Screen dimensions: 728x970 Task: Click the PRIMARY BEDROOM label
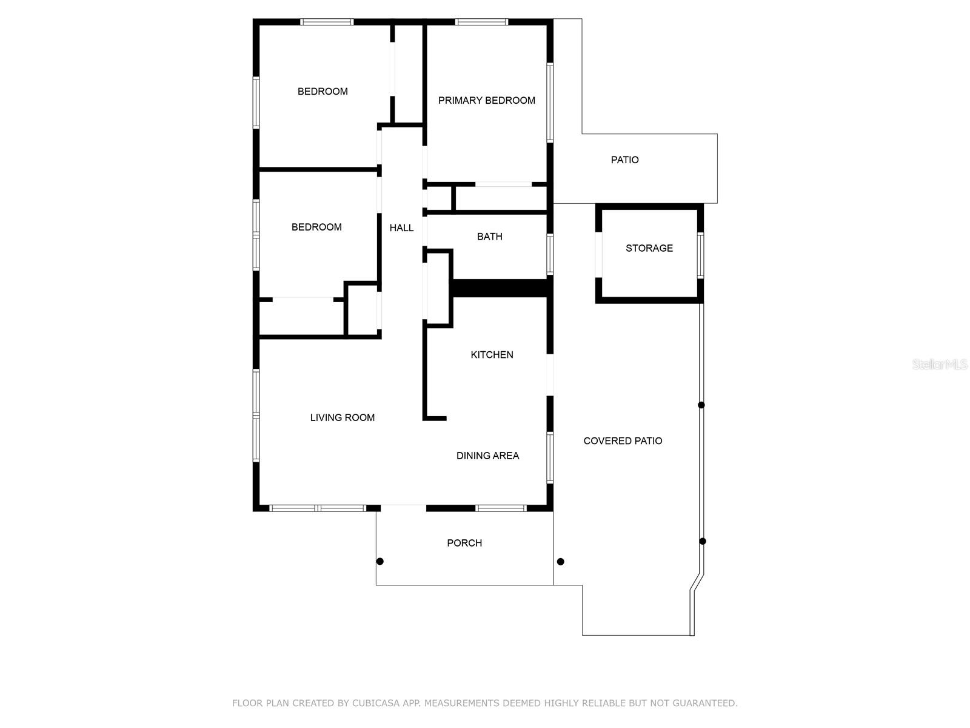[486, 101]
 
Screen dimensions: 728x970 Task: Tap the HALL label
[401, 228]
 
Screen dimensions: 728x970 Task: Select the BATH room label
[489, 237]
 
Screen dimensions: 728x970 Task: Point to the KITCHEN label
[492, 355]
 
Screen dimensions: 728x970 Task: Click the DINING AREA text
[487, 456]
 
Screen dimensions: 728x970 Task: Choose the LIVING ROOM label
[342, 417]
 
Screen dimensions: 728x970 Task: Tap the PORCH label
[464, 543]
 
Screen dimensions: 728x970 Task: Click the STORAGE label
[649, 248]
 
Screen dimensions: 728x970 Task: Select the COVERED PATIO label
[623, 441]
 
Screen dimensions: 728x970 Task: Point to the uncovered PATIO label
[624, 160]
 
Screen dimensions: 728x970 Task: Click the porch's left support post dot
[380, 561]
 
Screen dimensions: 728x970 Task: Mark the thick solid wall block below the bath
[500, 288]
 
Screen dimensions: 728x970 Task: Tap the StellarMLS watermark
[939, 365]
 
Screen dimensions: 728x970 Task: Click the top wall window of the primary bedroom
[482, 22]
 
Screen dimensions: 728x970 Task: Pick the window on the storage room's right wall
[700, 255]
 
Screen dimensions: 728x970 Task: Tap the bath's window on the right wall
[550, 255]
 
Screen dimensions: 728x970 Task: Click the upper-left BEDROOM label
[323, 92]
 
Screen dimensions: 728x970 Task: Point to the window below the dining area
[501, 508]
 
